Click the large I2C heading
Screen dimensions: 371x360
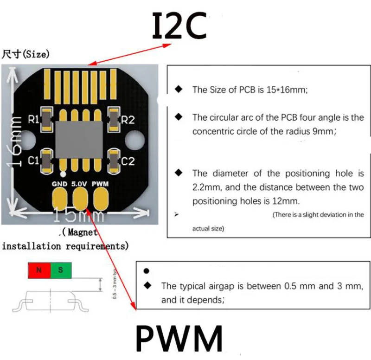[179, 26]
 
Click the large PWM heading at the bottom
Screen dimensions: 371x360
[179, 338]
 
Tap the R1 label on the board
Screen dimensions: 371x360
[33, 119]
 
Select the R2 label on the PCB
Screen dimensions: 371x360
[128, 120]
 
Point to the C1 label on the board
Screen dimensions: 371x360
[33, 161]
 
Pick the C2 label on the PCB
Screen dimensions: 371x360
[128, 161]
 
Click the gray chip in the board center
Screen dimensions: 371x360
[79, 140]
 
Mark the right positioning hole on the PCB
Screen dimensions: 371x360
[134, 141]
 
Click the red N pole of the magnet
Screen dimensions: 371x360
[39, 270]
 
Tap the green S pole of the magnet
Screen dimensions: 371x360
[61, 270]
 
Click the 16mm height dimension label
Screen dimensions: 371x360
[15, 141]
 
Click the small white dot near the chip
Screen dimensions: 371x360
[63, 174]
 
